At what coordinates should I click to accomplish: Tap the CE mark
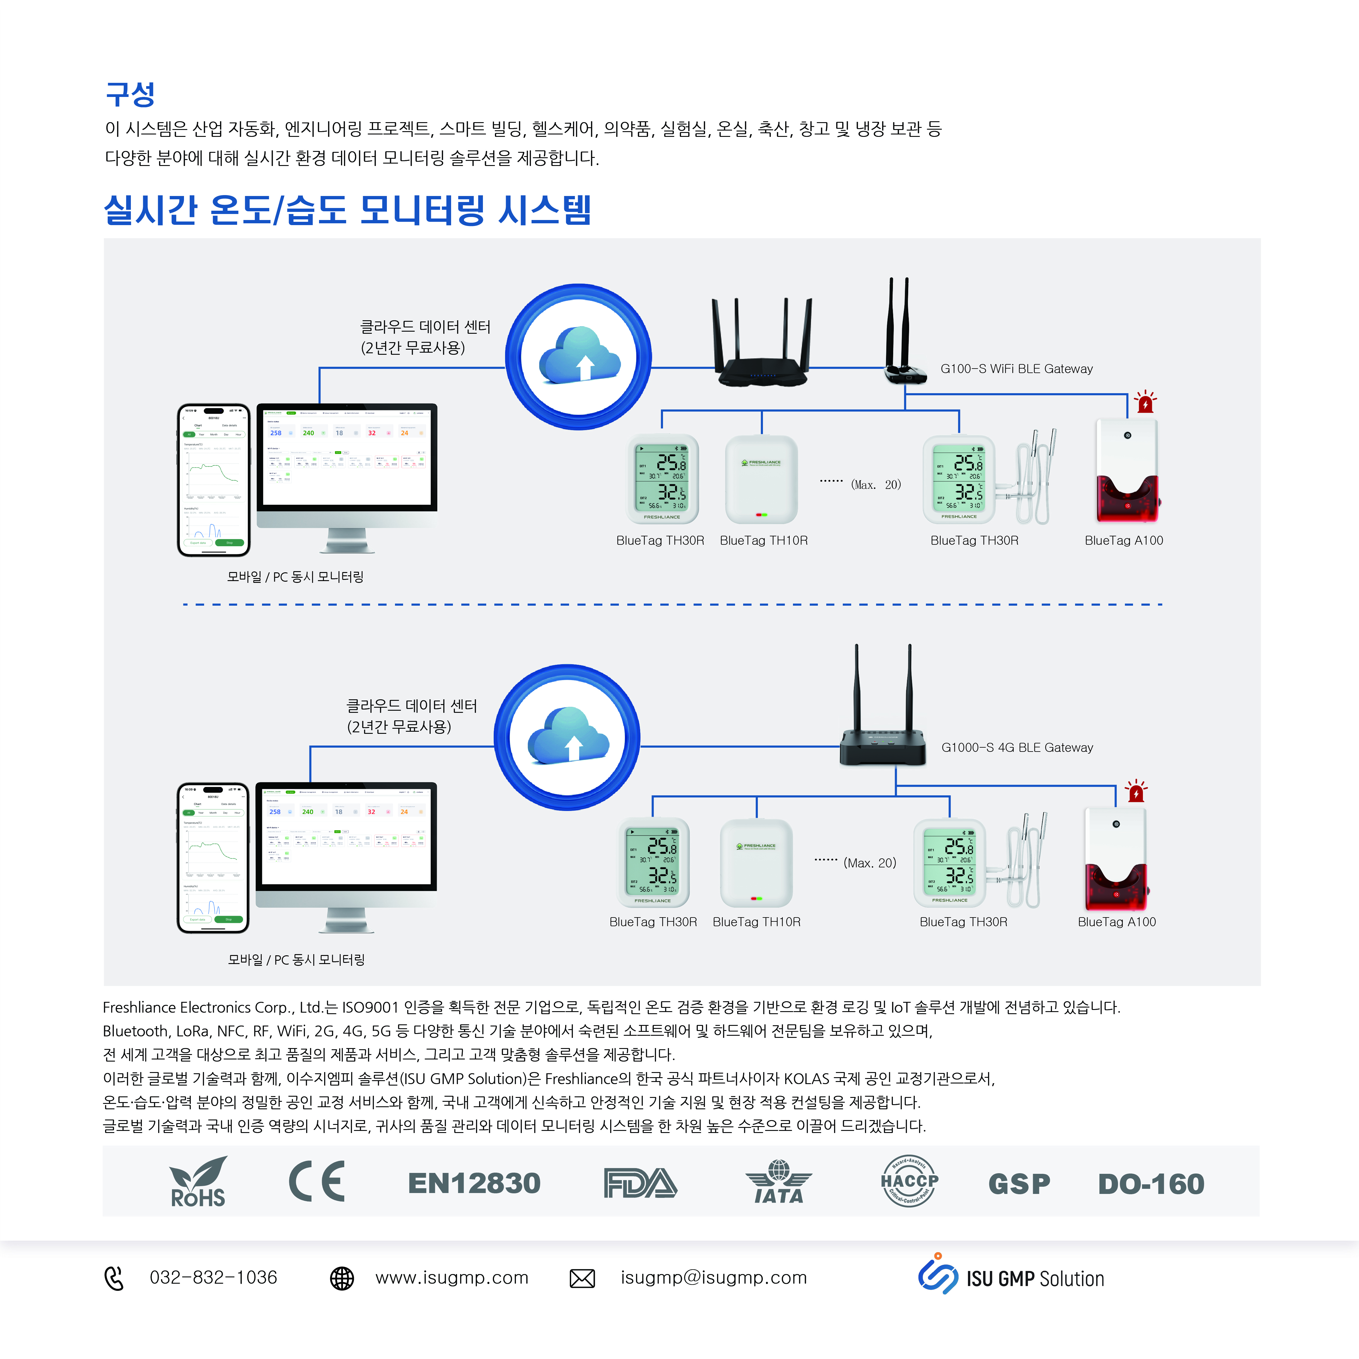317,1182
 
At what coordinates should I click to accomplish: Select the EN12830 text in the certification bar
474,1183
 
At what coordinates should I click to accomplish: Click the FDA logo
640,1183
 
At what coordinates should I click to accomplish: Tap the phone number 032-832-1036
213,1277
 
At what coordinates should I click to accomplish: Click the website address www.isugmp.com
452,1277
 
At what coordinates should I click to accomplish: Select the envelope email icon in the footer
582,1278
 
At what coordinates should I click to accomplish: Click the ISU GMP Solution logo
1011,1277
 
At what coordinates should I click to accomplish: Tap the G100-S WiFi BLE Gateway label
1017,369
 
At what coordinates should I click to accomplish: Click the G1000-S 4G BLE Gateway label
1017,747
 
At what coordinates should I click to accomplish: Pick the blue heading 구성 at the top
130,94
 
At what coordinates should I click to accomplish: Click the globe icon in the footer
342,1278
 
